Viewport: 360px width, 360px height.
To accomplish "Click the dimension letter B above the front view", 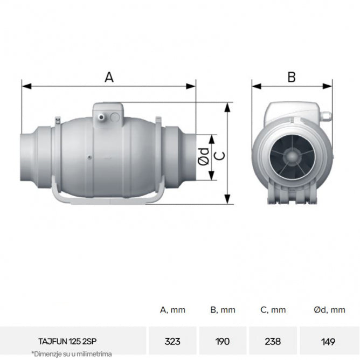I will (292, 77).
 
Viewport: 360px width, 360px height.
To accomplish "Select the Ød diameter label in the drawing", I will (203, 156).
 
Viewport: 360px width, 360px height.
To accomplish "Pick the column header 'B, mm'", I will (222, 310).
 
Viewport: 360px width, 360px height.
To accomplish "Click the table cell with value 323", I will (172, 341).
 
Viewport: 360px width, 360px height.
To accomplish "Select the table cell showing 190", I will (222, 341).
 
